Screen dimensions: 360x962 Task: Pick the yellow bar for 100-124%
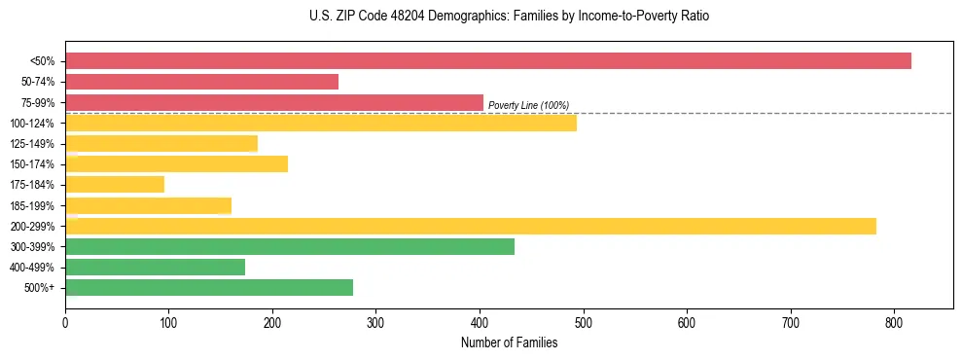pyautogui.click(x=321, y=123)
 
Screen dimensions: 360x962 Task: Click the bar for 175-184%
pyautogui.click(x=115, y=184)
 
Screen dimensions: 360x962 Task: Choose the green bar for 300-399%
pyautogui.click(x=290, y=246)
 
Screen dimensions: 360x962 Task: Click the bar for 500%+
pyautogui.click(x=209, y=287)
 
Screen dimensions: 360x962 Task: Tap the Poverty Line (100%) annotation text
pyautogui.click(x=528, y=105)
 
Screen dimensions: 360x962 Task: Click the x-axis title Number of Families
pyautogui.click(x=509, y=342)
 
